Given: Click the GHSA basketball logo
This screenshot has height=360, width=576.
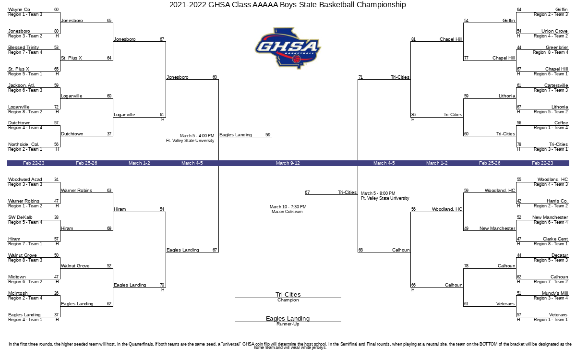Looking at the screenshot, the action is (x=288, y=48).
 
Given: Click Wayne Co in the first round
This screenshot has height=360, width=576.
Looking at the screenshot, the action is (x=19, y=10).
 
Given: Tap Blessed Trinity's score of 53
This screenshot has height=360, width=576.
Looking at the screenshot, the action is (x=56, y=48).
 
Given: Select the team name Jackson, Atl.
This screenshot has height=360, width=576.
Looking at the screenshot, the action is (x=21, y=85).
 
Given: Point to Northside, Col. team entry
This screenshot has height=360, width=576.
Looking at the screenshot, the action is (x=24, y=144).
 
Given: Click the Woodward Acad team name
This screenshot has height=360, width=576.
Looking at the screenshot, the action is (x=25, y=180).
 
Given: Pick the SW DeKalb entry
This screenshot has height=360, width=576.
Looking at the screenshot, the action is (x=20, y=217).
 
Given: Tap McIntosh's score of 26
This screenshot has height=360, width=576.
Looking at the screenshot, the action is (x=56, y=293).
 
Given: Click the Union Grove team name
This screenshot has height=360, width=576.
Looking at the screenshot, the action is (x=554, y=31).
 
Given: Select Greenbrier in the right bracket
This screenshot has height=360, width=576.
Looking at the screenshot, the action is (x=557, y=48).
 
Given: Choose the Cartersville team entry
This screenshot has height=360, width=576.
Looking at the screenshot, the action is (x=556, y=85).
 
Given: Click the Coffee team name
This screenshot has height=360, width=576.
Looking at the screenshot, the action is (x=561, y=123).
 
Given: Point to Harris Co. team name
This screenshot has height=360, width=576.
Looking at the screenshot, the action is (x=557, y=201).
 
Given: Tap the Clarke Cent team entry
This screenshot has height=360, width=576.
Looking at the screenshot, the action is (x=555, y=239).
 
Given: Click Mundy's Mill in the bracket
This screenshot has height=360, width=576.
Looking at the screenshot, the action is (x=555, y=293).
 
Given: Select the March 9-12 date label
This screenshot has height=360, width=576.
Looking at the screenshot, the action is (x=288, y=163).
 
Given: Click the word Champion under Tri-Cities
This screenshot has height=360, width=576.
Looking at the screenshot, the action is (x=288, y=300).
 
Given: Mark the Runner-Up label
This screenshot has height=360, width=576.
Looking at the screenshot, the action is (x=288, y=324).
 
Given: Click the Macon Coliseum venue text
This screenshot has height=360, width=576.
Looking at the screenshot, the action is (x=287, y=212).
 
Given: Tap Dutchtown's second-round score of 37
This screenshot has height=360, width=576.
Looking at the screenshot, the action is (x=109, y=134).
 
